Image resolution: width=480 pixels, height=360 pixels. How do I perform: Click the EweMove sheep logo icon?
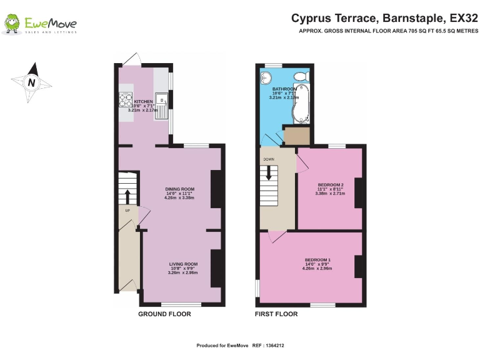point(12,24)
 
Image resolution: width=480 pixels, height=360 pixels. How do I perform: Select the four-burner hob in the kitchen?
point(124,100)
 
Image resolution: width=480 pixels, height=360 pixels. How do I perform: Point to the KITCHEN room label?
point(143,101)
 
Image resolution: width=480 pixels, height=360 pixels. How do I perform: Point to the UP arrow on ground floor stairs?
point(127,196)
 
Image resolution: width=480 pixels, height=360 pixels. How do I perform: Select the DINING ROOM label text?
point(179,189)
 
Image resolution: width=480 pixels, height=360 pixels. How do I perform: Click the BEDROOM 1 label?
point(317,259)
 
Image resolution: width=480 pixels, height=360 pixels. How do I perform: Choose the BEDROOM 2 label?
point(331,185)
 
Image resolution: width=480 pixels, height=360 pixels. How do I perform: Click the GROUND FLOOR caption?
point(164,314)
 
